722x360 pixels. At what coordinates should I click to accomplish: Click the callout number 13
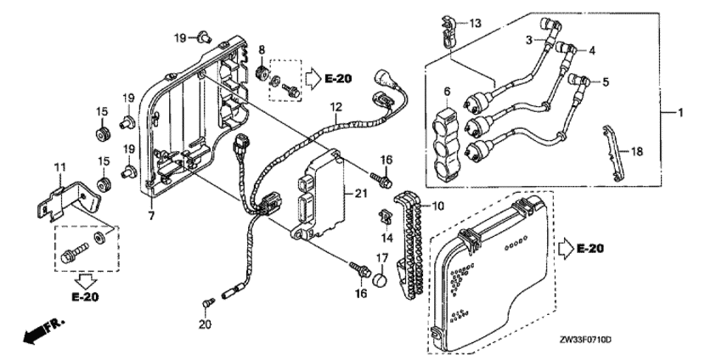coord(474,21)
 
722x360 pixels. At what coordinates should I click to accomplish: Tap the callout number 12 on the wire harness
coord(336,107)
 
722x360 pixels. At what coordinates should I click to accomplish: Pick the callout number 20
coord(203,323)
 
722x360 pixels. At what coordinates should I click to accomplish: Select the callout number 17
coord(382,256)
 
